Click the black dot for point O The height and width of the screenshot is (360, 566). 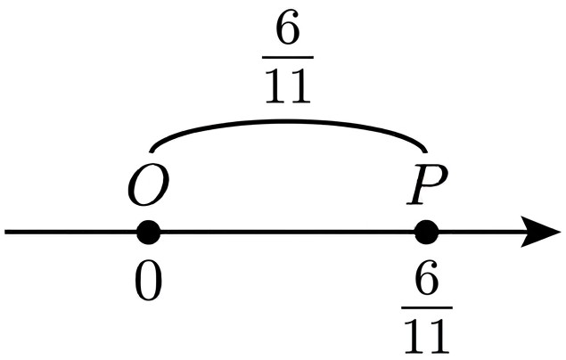click(148, 233)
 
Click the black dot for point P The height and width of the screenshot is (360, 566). click(427, 233)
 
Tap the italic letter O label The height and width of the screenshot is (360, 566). click(148, 184)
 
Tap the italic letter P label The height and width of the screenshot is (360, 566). click(427, 184)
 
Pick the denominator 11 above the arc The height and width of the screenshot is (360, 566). click(288, 86)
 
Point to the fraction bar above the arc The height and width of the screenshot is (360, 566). click(288, 57)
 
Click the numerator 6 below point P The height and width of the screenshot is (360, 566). click(427, 278)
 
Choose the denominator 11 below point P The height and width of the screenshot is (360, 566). click(427, 337)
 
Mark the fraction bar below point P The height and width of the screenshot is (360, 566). click(427, 307)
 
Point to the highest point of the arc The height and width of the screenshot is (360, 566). click(288, 121)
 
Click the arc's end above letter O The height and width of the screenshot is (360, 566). click(151, 151)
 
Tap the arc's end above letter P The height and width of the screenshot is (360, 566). click(426, 151)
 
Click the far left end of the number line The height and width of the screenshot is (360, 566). click(5, 232)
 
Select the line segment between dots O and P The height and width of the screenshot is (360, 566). click(288, 232)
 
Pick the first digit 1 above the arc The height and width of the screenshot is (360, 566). click(277, 86)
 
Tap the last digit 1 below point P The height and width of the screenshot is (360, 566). click(439, 337)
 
